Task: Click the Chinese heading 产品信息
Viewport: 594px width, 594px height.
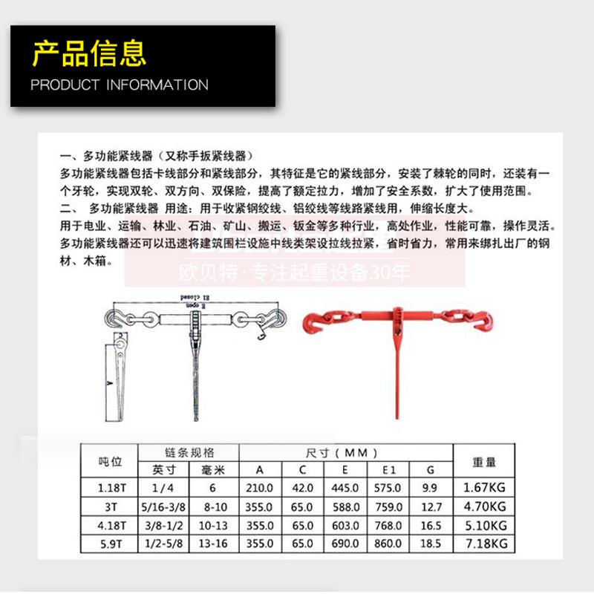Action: point(89,53)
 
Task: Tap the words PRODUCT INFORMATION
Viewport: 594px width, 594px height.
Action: point(120,85)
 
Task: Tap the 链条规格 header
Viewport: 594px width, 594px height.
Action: point(189,452)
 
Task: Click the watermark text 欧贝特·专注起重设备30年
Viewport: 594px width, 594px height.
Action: point(295,273)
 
